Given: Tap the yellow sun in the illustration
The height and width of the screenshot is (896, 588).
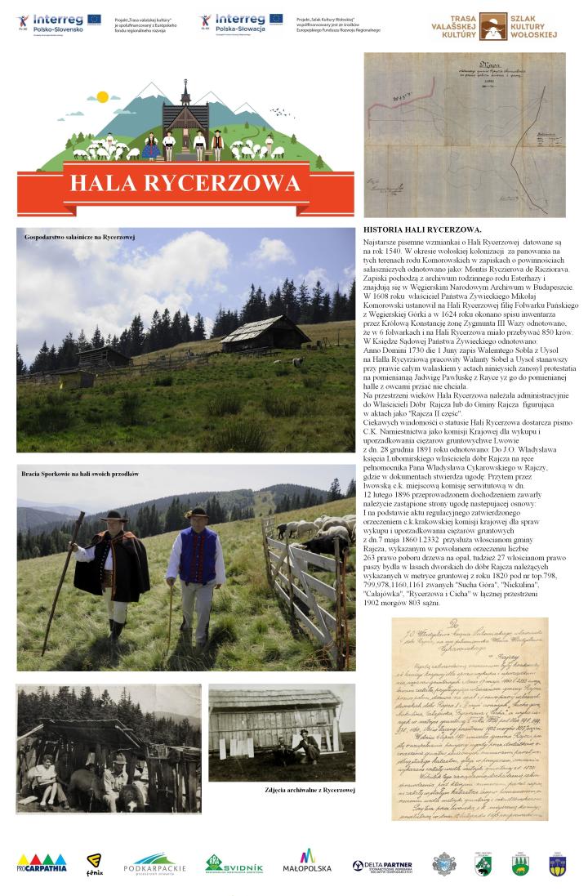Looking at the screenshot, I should coord(102,96).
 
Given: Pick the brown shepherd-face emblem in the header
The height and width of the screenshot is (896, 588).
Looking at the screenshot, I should coord(490,25).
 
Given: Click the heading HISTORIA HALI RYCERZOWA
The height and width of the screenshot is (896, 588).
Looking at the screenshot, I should coord(422,231).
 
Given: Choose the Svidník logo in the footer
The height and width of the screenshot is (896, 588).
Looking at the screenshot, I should coord(234,863).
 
